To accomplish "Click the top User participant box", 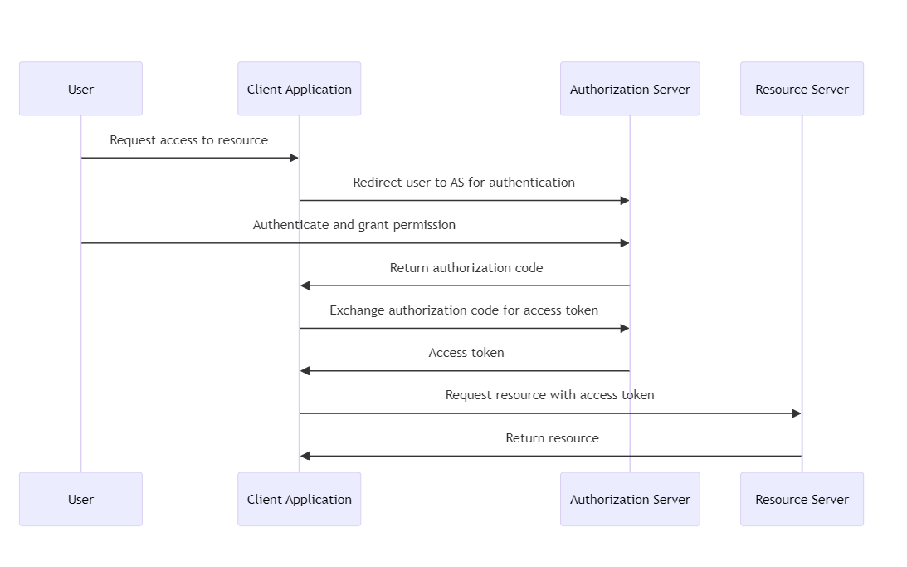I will click(80, 89).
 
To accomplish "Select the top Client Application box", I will click(299, 89).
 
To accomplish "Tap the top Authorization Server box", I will click(630, 89).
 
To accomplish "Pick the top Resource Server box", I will click(802, 89).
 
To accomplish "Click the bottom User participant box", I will click(80, 499).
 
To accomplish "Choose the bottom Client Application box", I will click(299, 499).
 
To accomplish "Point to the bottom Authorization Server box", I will click(630, 499).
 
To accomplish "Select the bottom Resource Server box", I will click(802, 499).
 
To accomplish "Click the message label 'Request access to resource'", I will click(189, 140).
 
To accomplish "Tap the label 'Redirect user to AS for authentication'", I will click(464, 183).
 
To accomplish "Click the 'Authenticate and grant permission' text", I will click(354, 225).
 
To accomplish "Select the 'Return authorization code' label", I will click(466, 268).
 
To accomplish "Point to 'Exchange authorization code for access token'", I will click(464, 310).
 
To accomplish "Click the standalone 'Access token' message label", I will click(466, 353).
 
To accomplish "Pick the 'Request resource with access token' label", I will click(549, 395).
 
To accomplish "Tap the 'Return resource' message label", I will click(552, 438).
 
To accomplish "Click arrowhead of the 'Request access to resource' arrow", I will click(294, 158).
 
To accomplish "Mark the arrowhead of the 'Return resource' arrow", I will click(305, 456).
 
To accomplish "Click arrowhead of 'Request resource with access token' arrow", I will click(797, 413).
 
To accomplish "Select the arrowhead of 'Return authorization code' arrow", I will click(305, 286).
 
